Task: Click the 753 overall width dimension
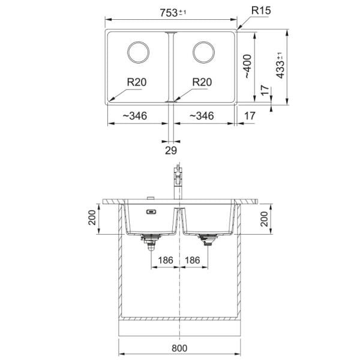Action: coord(173,13)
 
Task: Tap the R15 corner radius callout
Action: coord(261,11)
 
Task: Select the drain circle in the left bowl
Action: coord(138,52)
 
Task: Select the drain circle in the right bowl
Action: coord(203,52)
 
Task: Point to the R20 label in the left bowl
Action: coord(137,82)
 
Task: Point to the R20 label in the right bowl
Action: coord(202,82)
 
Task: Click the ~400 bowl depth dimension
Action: coord(247,67)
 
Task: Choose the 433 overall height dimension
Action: coord(280,65)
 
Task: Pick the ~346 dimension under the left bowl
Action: coord(135,116)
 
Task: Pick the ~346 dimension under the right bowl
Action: coord(202,116)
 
